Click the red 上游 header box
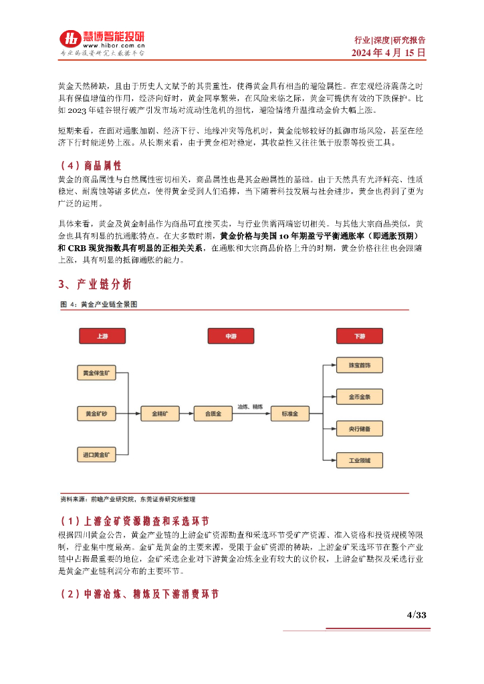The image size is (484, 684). coord(102,336)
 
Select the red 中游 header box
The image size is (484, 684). coord(231,336)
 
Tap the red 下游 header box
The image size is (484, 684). coord(359,336)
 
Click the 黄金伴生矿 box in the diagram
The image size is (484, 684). coord(96,372)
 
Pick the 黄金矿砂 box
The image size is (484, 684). coord(96,414)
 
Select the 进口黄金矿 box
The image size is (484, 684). coord(96,455)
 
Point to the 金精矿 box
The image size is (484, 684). coord(160,414)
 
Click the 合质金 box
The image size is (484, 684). coord(213,414)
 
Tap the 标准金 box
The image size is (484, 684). coord(289,414)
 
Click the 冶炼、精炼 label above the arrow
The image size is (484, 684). coord(251,406)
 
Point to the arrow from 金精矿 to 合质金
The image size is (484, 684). coord(187,414)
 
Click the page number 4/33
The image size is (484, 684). coord(416,615)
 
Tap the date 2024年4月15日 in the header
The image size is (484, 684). coord(389,53)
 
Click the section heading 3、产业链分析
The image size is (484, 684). coord(95,285)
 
